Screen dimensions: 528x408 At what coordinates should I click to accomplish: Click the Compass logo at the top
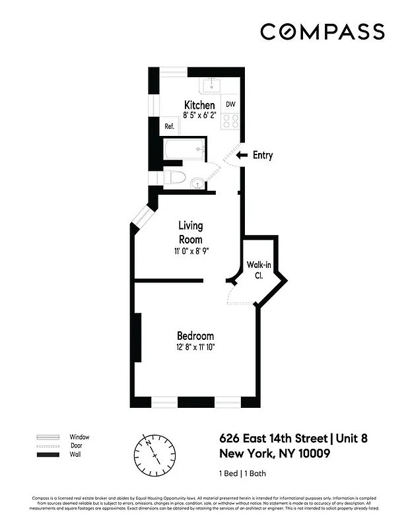tap(322, 32)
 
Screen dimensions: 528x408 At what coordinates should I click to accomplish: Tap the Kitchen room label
tap(199, 106)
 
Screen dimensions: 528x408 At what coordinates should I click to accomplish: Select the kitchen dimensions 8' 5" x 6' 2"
tap(199, 115)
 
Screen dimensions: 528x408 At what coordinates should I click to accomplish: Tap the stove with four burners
tap(230, 120)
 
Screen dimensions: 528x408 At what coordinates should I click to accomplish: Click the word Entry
tap(263, 156)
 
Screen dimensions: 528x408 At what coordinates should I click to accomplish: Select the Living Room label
tap(190, 233)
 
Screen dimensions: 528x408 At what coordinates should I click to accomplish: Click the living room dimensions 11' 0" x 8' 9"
tap(189, 251)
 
